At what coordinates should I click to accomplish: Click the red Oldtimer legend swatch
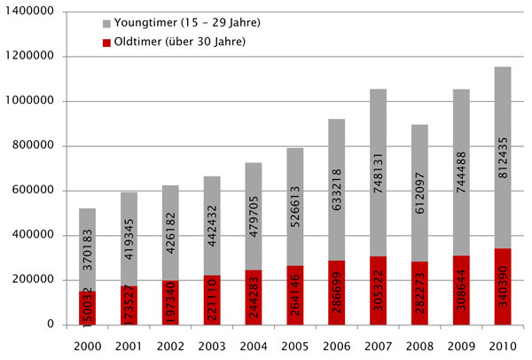point(107,41)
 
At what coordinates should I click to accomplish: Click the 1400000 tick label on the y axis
point(32,12)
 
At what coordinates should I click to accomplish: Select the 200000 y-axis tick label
point(35,280)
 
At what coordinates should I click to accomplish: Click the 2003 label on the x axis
point(211,346)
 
